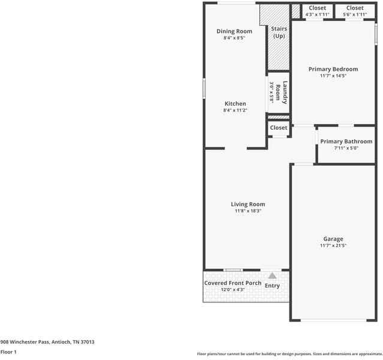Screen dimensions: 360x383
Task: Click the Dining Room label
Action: [x=234, y=31]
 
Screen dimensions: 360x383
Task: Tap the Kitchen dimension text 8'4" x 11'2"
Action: [x=234, y=110]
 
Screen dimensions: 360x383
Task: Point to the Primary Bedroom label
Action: [x=333, y=69]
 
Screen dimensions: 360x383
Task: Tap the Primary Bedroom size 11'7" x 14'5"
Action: [x=333, y=76]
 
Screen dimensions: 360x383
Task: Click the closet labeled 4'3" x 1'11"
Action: [x=317, y=11]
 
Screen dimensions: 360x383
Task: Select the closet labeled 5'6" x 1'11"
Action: [x=354, y=11]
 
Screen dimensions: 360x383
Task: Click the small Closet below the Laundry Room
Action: [x=278, y=128]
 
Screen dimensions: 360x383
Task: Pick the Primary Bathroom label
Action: [x=346, y=142]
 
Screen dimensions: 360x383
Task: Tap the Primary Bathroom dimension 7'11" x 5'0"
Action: [x=346, y=148]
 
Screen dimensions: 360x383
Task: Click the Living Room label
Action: [x=248, y=204]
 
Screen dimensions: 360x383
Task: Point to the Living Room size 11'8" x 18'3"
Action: [x=248, y=211]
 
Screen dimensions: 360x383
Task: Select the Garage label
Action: [x=333, y=239]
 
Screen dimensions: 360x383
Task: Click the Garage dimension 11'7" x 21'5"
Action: [x=333, y=246]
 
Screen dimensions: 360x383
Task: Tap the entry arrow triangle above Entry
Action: [x=272, y=275]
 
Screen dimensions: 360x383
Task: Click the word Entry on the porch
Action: [x=272, y=286]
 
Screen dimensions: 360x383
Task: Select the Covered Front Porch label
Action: [x=233, y=283]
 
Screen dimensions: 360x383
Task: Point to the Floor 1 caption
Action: [x=8, y=352]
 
